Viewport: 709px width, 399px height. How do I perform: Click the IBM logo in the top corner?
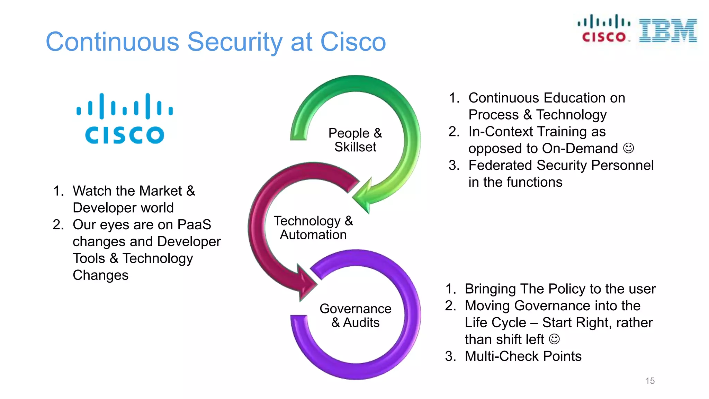click(668, 30)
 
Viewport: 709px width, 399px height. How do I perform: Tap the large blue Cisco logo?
click(125, 118)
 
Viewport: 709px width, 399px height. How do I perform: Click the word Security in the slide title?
click(235, 42)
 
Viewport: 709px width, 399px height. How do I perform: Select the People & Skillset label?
click(355, 140)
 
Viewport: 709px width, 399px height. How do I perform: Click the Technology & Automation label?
click(313, 228)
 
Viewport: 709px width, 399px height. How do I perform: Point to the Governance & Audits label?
click(356, 315)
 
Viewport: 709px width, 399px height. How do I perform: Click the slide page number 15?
click(650, 381)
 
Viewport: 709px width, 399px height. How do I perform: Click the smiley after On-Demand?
click(628, 148)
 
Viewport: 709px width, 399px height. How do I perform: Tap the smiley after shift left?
click(554, 339)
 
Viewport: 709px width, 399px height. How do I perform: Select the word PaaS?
click(194, 224)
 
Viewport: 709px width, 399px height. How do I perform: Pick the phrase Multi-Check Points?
click(523, 356)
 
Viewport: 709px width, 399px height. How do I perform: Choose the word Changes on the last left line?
click(100, 275)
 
